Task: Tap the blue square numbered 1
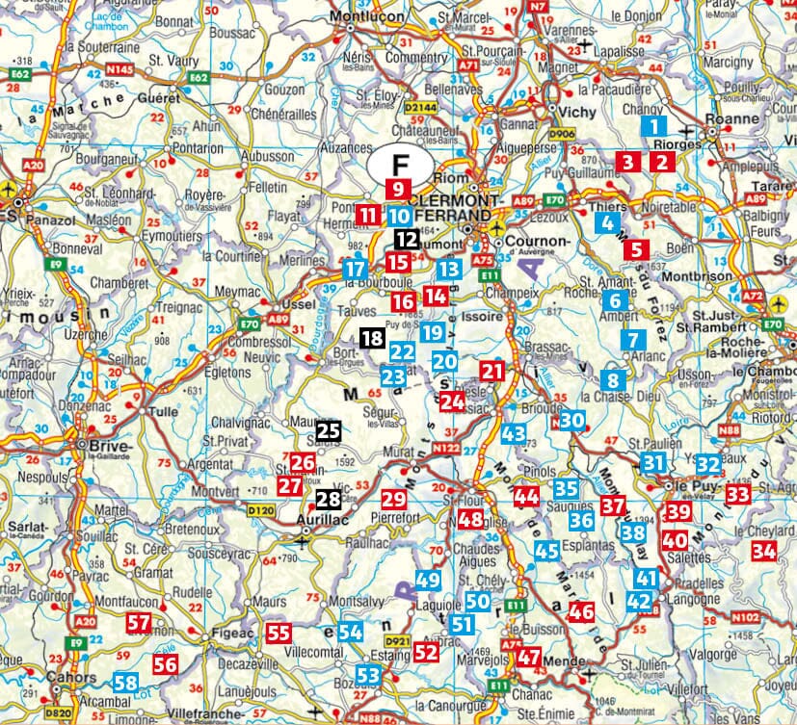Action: click(654, 124)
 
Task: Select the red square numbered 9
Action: click(396, 188)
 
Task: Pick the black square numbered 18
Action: click(372, 337)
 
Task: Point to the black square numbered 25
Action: click(329, 430)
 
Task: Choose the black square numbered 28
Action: click(329, 498)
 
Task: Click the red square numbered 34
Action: click(764, 551)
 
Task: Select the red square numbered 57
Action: click(139, 623)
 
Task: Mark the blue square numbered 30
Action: click(572, 420)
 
